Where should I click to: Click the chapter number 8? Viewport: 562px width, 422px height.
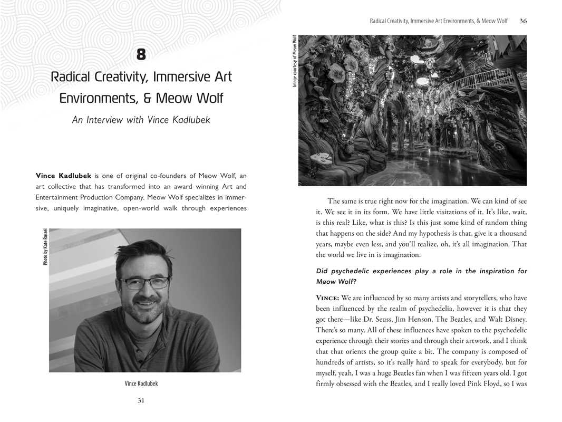[141, 54]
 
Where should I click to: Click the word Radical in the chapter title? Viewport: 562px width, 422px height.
[72, 77]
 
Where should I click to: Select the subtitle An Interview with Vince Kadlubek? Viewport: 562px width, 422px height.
[141, 120]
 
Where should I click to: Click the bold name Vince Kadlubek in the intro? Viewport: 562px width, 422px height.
[63, 176]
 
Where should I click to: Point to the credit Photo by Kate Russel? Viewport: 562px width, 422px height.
[46, 246]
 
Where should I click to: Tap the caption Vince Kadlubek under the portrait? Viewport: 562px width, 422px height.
[141, 383]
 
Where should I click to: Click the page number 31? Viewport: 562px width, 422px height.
[141, 400]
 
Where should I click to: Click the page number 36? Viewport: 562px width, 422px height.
[523, 21]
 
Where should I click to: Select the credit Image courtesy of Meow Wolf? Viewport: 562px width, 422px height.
[295, 61]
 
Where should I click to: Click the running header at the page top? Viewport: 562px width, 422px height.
[438, 21]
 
